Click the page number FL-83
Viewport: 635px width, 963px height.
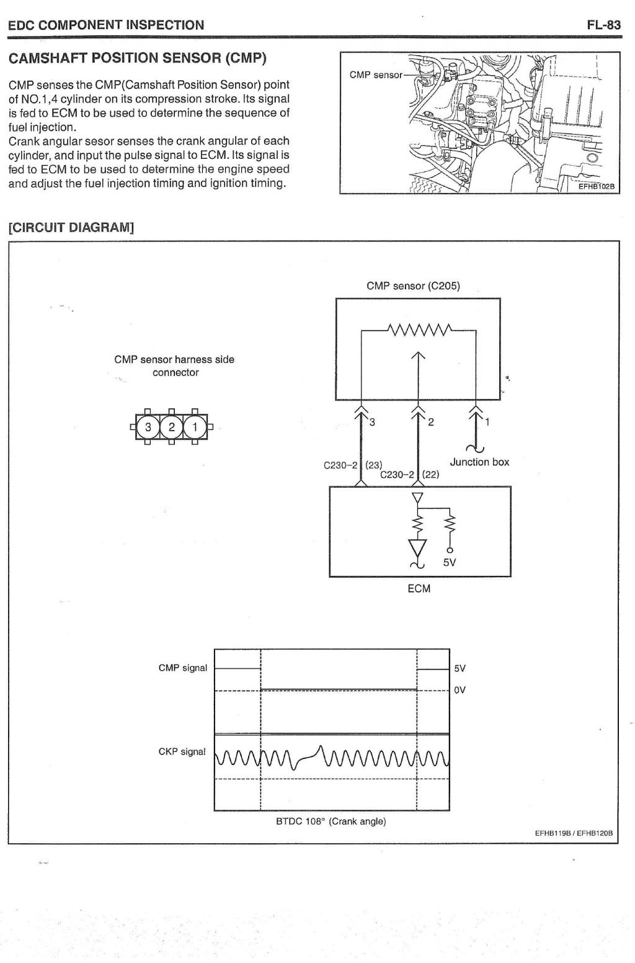603,25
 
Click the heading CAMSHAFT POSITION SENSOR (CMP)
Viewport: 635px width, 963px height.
138,58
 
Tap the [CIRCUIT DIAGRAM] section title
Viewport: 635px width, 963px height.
71,227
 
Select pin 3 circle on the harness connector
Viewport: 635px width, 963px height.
148,427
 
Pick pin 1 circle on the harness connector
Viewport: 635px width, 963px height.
195,427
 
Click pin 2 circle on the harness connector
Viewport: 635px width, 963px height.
172,427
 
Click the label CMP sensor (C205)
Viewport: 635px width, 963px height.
413,286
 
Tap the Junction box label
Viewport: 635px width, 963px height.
479,462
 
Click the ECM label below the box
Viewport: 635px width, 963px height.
419,589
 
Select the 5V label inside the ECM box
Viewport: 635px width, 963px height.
450,562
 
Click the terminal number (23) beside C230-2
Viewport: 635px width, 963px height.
374,465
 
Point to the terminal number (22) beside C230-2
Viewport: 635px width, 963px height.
430,474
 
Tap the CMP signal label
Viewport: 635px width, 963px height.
182,668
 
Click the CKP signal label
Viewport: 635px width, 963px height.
182,751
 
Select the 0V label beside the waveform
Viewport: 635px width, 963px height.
460,690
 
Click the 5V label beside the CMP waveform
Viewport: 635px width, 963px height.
460,668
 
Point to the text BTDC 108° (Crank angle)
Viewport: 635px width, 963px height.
331,821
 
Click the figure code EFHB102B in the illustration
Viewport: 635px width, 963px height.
597,187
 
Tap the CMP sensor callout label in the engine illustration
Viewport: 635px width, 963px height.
376,75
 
